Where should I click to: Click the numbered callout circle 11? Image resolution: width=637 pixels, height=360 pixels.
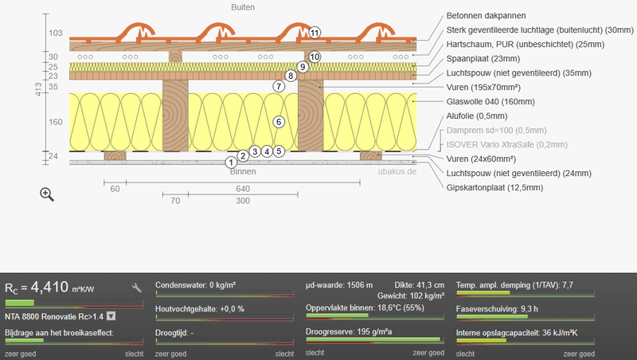[315, 33]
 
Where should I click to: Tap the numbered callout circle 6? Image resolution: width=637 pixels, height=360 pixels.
[279, 122]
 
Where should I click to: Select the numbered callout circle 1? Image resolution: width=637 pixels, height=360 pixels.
[231, 162]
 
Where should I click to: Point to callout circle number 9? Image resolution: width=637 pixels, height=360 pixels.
[303, 67]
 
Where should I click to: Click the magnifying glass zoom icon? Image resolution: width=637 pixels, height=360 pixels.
[47, 194]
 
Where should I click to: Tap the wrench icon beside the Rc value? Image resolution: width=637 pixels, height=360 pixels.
[136, 288]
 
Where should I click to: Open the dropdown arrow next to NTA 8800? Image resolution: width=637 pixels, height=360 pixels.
[111, 316]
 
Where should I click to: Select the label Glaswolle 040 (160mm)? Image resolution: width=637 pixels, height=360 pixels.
[490, 102]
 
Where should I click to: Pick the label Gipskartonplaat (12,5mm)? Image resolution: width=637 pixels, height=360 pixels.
[494, 188]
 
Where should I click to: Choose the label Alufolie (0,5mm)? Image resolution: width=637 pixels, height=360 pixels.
[476, 116]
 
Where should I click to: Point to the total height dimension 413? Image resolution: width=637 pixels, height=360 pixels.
[38, 89]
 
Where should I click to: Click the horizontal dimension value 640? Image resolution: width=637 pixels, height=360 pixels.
[243, 189]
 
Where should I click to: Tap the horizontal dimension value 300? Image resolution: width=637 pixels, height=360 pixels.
[243, 201]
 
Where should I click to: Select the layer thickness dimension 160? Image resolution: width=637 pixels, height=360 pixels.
[56, 122]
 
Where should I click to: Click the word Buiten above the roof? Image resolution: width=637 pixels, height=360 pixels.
[243, 7]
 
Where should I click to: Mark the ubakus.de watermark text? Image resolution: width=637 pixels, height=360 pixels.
[397, 171]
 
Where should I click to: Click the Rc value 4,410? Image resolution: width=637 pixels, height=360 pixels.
[49, 288]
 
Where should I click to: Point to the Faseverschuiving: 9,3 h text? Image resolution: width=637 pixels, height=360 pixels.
[497, 309]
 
